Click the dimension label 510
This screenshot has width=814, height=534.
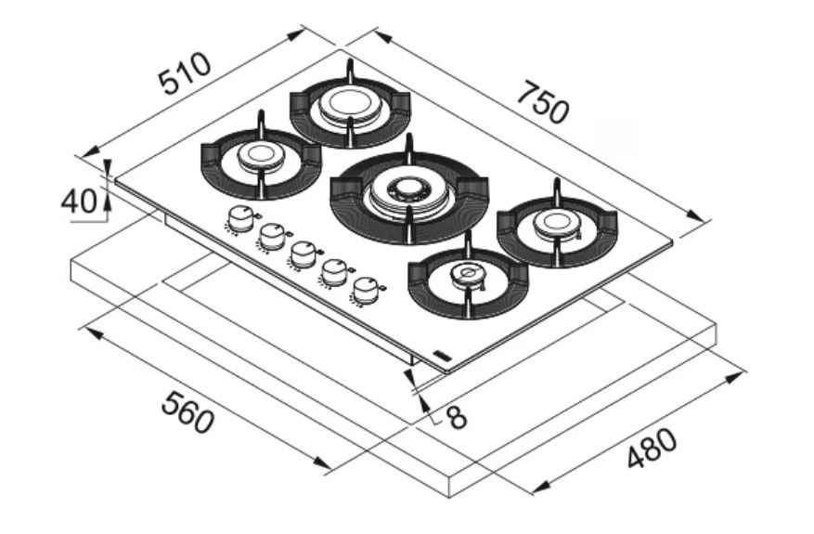coord(186,73)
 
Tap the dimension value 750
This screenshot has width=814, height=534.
coord(544,102)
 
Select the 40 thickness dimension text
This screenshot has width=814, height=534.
coord(80,201)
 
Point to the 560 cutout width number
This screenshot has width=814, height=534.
coord(187,412)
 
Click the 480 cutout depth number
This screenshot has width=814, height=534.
coord(652,447)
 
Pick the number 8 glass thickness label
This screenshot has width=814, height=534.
coord(457,416)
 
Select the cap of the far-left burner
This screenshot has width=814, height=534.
coord(261,154)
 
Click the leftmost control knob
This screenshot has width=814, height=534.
coord(239,218)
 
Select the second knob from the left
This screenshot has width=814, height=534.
coord(271,236)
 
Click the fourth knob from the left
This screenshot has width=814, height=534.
coord(334,272)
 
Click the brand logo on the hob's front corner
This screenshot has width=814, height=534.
coord(440,354)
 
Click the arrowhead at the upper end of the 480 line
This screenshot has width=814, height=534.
coord(736,376)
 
